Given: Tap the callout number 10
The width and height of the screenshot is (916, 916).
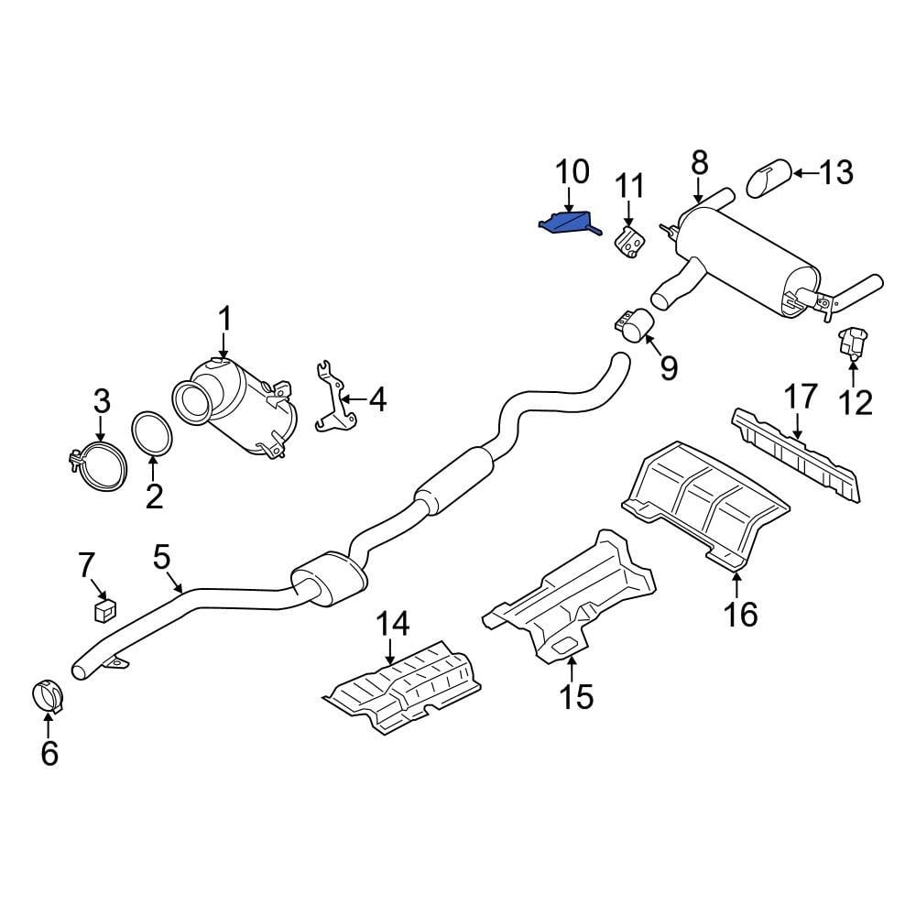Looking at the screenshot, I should coord(572,172).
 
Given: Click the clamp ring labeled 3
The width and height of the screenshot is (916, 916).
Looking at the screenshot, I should coord(100,465).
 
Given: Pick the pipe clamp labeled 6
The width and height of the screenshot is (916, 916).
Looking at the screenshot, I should coord(47,697).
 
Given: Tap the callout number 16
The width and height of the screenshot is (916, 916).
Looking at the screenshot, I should coord(740,613).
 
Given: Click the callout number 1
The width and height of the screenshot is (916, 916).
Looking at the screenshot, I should coord(224,320).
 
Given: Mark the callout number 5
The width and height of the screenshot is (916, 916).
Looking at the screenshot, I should coord(162,556).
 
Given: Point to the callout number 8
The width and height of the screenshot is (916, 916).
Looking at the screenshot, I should coord(699,163).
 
